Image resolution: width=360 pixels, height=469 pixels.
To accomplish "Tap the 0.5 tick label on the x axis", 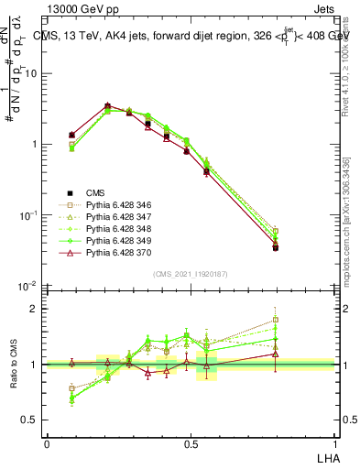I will [190, 442].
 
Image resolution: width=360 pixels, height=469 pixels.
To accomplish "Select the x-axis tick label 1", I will [333, 442].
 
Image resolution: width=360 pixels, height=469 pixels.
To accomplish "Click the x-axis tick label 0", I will [47, 442].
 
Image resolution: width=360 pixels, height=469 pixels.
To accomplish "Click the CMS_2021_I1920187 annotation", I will [190, 274].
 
